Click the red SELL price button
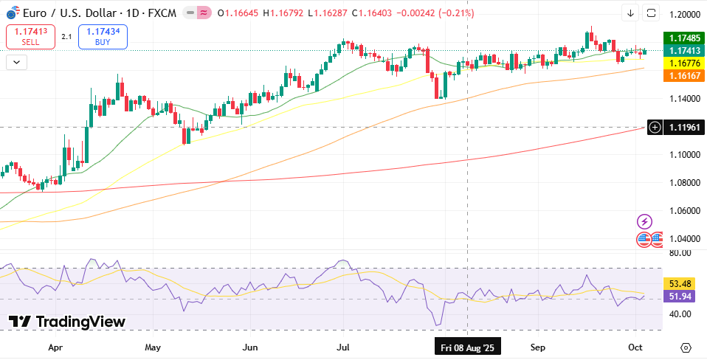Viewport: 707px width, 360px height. pyautogui.click(x=30, y=37)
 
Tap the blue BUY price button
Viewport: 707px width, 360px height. pyautogui.click(x=103, y=37)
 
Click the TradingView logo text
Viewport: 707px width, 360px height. pyautogui.click(x=67, y=322)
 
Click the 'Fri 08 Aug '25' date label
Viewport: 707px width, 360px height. pyautogui.click(x=468, y=347)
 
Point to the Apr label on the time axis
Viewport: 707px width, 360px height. pyautogui.click(x=55, y=347)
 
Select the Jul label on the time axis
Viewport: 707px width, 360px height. pyautogui.click(x=343, y=347)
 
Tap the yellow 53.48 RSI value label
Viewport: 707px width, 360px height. pyautogui.click(x=679, y=283)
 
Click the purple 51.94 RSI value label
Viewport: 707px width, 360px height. pyautogui.click(x=679, y=296)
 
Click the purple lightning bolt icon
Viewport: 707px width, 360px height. pyautogui.click(x=644, y=221)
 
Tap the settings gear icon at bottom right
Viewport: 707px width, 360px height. pyautogui.click(x=686, y=347)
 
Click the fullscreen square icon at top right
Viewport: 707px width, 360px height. pyautogui.click(x=651, y=13)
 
